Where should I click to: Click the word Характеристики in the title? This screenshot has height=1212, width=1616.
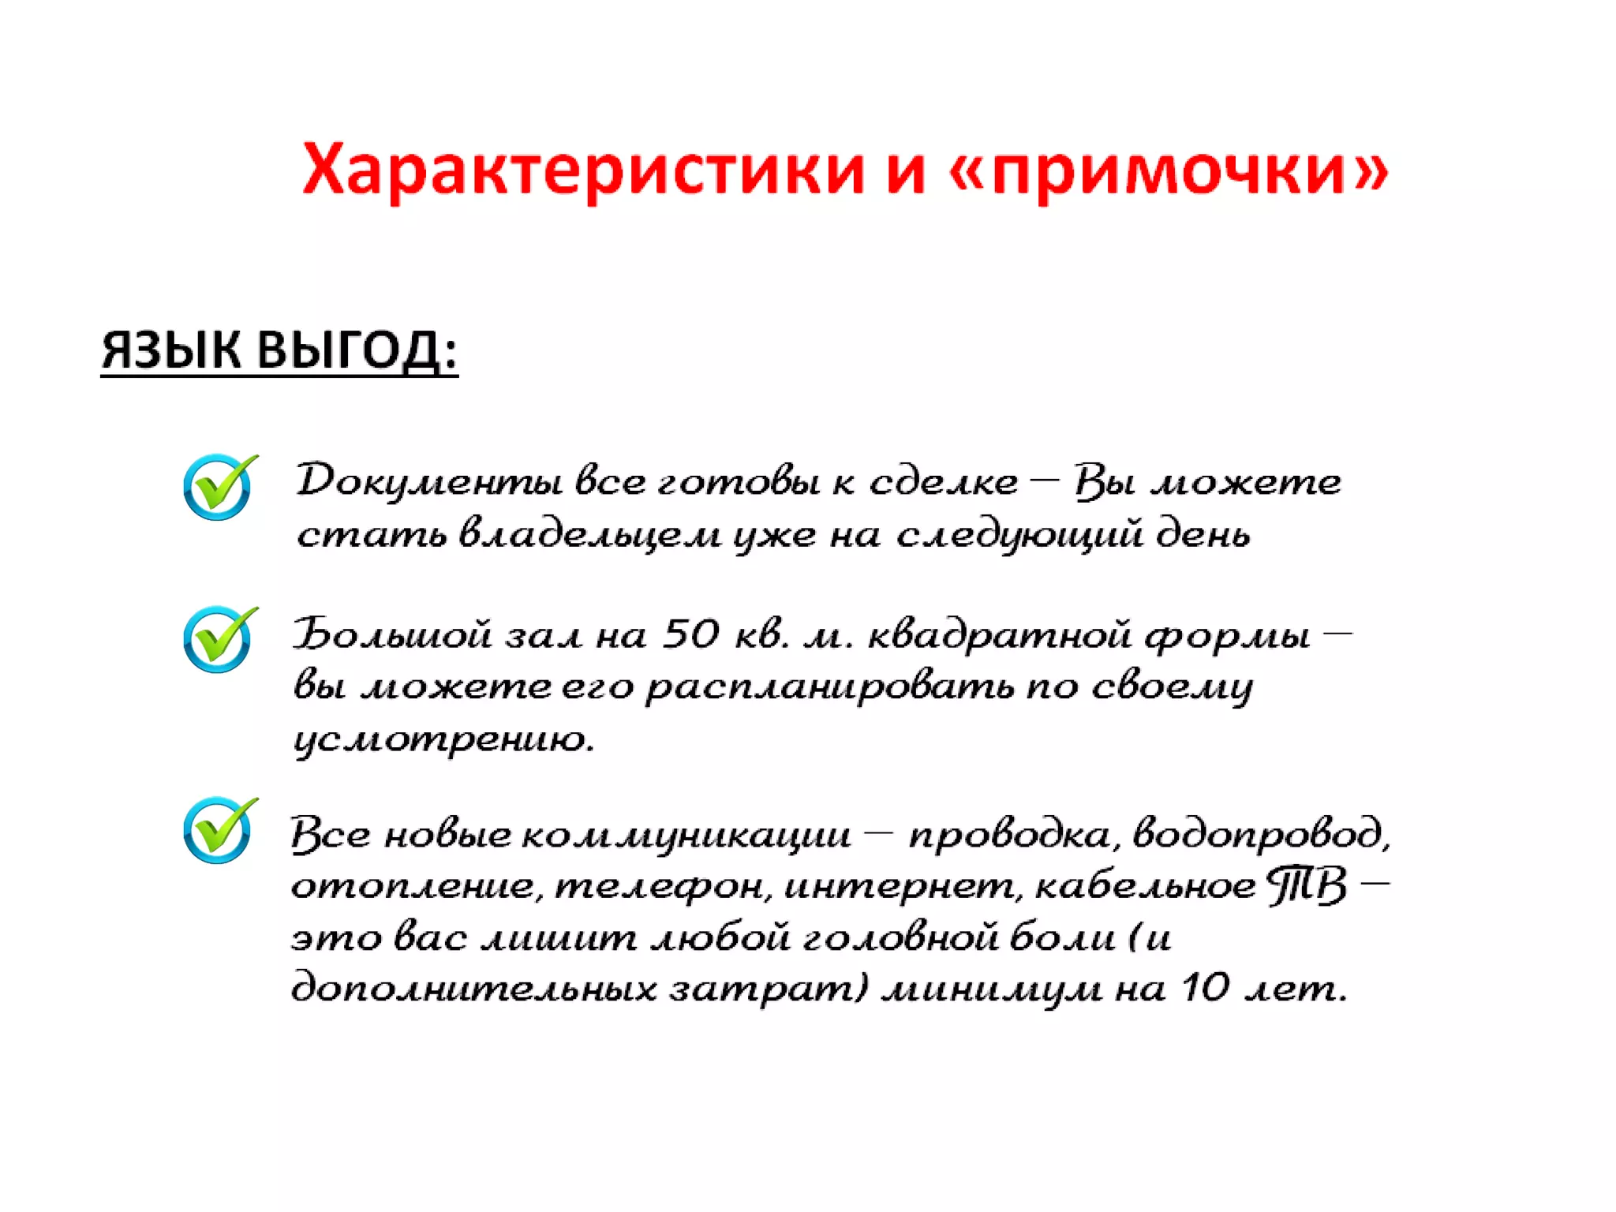tap(584, 170)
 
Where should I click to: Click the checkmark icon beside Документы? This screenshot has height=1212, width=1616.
tap(219, 487)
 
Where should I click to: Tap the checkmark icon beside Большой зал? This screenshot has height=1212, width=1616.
tap(219, 639)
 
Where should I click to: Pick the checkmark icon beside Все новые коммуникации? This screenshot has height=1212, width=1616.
tap(219, 830)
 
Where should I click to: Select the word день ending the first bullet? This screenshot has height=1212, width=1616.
tap(1203, 534)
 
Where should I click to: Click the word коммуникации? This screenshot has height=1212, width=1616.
tap(686, 835)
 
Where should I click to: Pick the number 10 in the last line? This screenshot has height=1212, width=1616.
tap(1206, 987)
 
